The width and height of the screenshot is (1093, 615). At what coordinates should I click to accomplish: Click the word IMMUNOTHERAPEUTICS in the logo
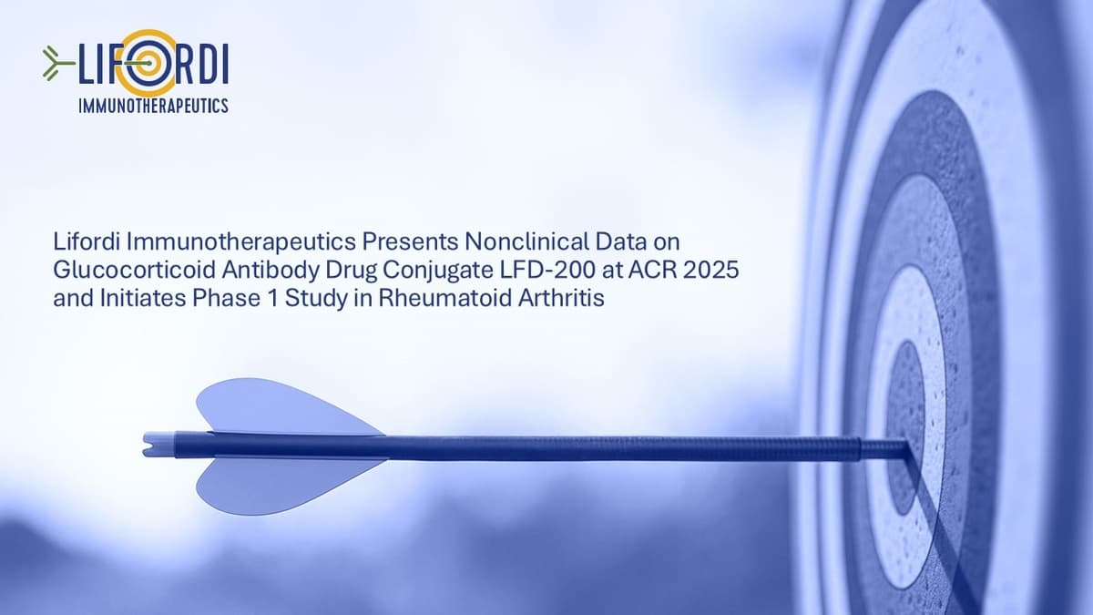[x=153, y=106]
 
